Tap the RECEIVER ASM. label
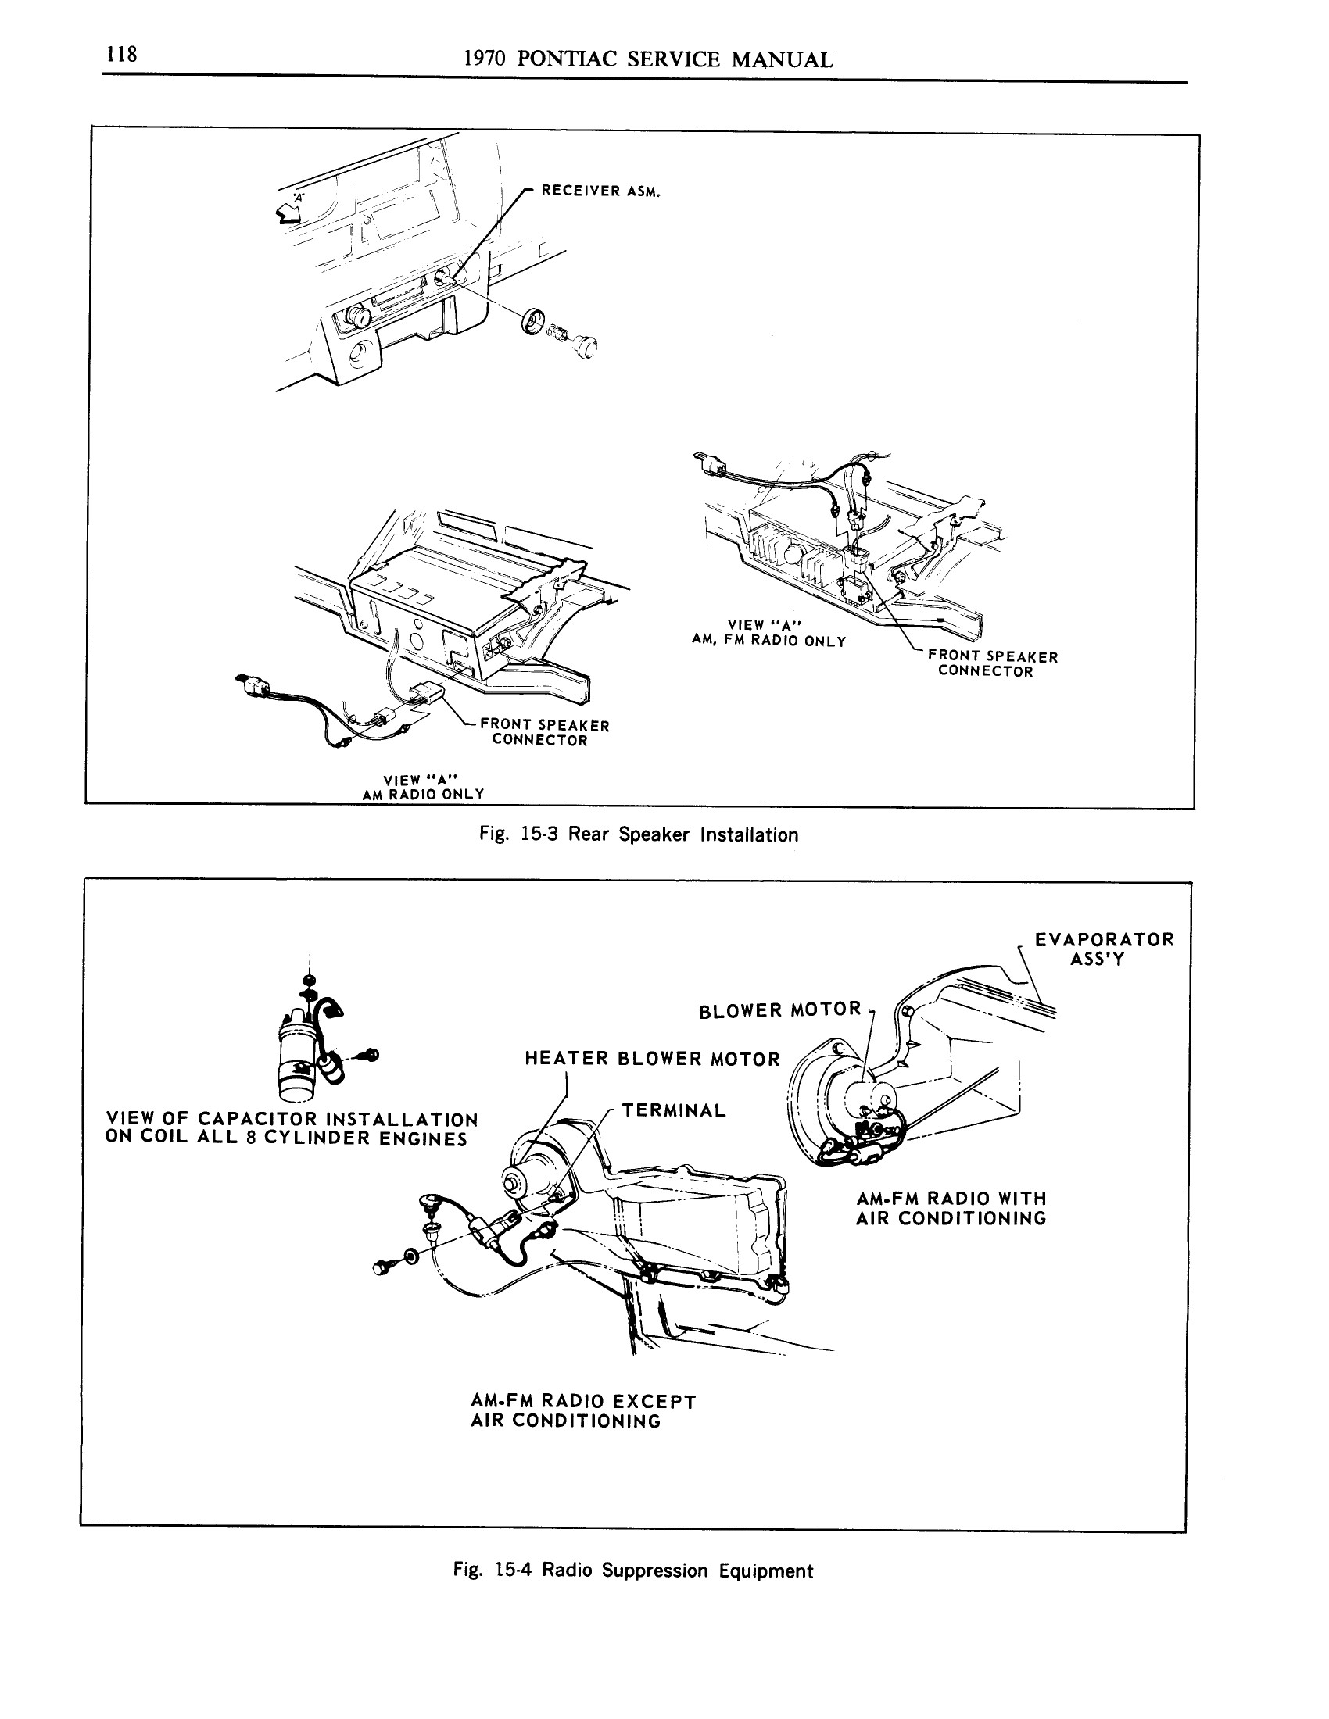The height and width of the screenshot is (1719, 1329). tap(600, 191)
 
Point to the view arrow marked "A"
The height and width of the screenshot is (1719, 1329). tap(288, 209)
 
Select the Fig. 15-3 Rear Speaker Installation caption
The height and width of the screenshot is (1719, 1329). tap(639, 835)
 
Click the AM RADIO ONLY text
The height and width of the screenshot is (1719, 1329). tap(423, 794)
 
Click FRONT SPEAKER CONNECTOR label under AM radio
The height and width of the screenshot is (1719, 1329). tap(544, 733)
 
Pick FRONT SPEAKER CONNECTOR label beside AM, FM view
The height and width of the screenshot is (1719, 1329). tap(992, 663)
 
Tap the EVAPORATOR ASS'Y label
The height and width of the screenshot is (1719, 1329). tap(1103, 949)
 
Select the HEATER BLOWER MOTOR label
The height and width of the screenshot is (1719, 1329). tap(652, 1059)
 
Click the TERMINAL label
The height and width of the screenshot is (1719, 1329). tap(674, 1110)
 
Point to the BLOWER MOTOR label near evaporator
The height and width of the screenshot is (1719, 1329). tap(779, 1010)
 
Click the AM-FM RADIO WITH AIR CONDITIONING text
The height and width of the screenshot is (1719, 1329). tap(951, 1209)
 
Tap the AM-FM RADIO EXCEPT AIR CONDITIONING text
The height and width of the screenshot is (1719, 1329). tap(582, 1411)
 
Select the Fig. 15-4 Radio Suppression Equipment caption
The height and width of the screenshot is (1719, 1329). tap(632, 1571)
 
